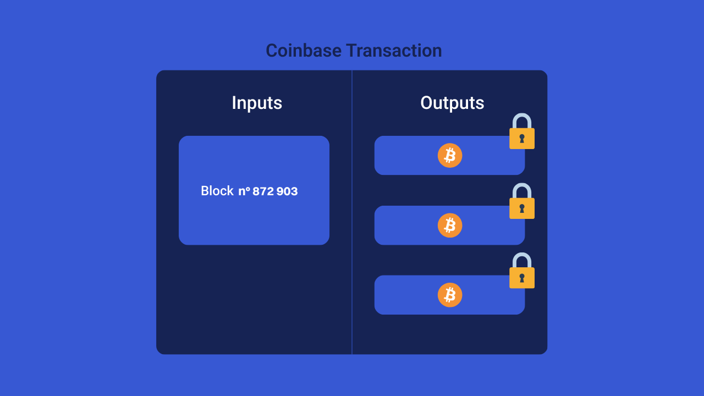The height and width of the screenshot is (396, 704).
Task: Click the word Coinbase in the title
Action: (x=304, y=51)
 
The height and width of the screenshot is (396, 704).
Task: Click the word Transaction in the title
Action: (x=394, y=51)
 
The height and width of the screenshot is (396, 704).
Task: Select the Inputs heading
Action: (x=257, y=103)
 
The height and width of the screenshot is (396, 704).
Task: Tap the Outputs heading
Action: (x=452, y=103)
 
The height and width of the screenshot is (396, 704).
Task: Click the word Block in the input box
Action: (x=217, y=191)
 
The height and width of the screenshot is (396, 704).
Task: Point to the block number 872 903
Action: (x=275, y=191)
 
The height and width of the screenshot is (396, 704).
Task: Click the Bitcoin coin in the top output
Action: (x=450, y=156)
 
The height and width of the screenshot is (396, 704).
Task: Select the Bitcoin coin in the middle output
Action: (x=450, y=226)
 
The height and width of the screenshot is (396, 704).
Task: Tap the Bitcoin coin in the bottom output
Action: (x=450, y=295)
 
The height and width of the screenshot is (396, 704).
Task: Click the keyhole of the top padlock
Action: (x=522, y=138)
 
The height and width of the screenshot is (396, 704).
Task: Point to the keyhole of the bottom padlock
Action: (x=522, y=278)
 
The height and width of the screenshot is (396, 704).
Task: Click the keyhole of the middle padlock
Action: (x=522, y=208)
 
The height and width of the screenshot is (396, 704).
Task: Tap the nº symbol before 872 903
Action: (x=244, y=191)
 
